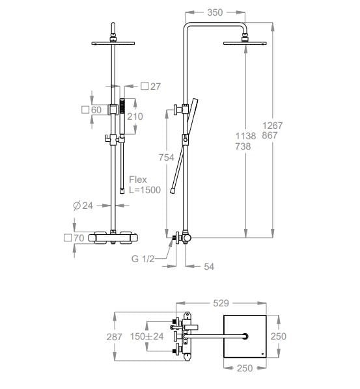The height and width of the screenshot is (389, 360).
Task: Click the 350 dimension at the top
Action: [215, 12]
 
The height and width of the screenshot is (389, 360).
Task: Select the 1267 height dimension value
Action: [273, 126]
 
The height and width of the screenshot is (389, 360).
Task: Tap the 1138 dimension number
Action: [245, 136]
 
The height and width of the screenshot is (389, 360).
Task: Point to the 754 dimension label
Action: [167, 157]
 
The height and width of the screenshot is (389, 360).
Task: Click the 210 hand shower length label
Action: [135, 116]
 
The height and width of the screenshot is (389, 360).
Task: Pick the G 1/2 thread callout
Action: [143, 259]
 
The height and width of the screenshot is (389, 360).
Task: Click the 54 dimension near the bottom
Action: [209, 267]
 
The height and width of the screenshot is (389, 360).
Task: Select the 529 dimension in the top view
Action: [221, 303]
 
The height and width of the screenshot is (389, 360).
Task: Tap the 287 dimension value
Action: [114, 337]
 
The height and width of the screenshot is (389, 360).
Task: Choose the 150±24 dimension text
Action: [147, 336]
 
